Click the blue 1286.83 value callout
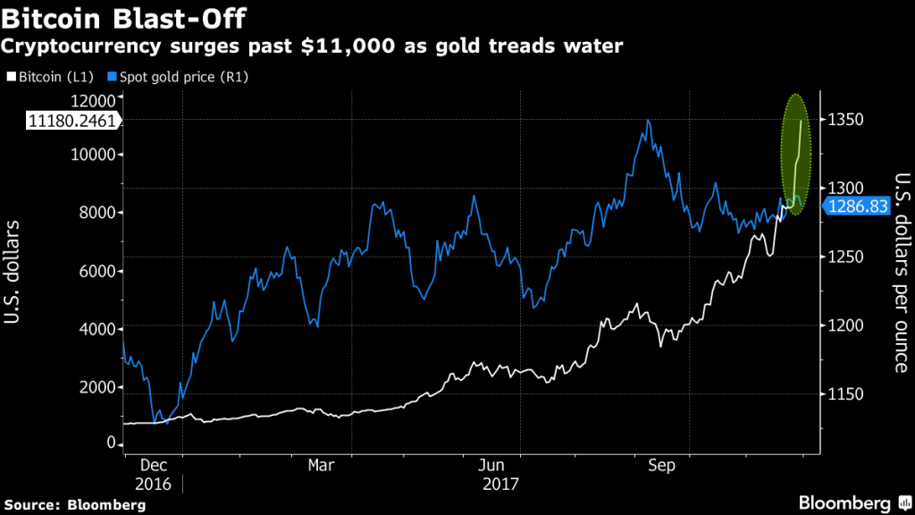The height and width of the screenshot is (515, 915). (856, 207)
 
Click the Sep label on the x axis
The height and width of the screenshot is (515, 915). (661, 466)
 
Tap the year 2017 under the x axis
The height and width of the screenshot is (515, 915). (500, 484)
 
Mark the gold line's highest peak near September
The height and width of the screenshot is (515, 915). (647, 120)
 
